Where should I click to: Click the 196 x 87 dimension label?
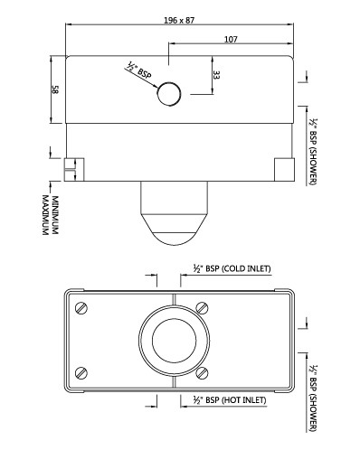[179, 21]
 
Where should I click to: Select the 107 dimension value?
[231, 40]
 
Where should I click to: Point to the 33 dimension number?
[216, 75]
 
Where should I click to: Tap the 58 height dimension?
[54, 89]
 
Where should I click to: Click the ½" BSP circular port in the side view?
[169, 94]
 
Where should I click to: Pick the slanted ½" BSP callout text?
[138, 70]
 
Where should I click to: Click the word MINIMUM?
[55, 215]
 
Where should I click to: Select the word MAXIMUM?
[45, 215]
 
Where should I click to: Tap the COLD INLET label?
[246, 268]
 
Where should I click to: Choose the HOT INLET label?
[244, 400]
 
